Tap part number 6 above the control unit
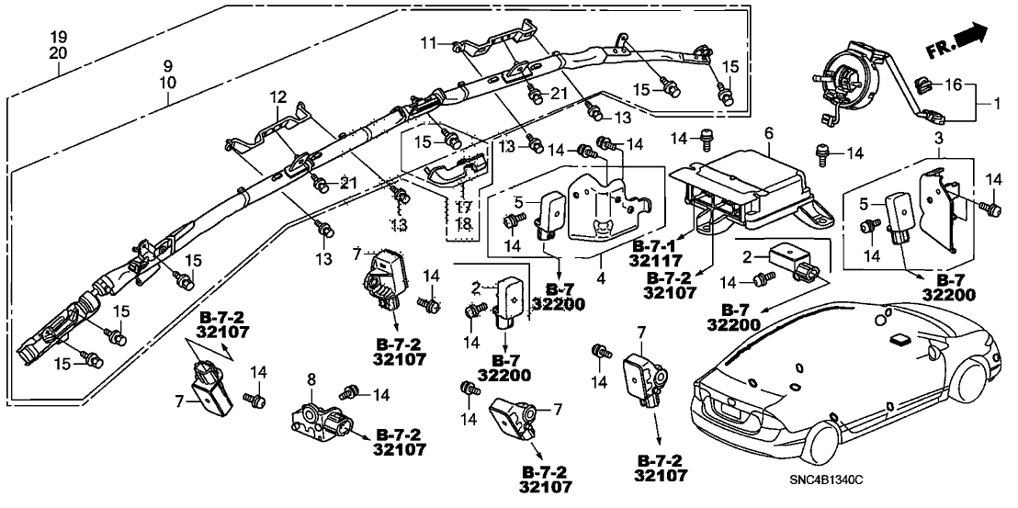768,134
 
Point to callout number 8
311,378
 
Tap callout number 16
955,85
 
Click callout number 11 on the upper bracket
427,42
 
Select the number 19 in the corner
58,37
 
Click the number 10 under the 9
167,84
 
